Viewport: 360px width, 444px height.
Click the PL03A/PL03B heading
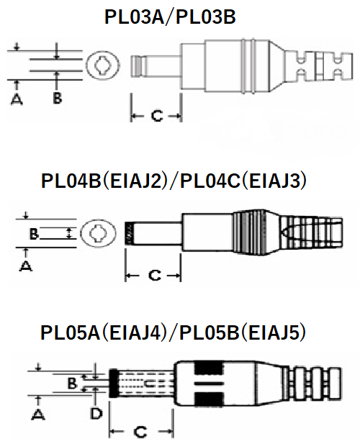coord(170,17)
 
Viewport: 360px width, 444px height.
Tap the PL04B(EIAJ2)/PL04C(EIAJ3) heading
coord(174,181)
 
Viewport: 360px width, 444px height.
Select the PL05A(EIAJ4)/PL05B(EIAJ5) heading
coord(173,332)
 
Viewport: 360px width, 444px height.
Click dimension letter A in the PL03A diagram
coord(17,99)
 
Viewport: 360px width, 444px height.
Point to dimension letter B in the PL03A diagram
coord(57,99)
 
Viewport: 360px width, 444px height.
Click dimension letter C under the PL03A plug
coord(157,116)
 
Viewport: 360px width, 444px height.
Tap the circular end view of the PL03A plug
coord(102,65)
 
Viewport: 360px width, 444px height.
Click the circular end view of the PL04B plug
coord(98,234)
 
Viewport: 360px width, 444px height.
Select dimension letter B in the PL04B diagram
coord(34,234)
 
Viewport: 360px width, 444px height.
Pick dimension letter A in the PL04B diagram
coord(25,266)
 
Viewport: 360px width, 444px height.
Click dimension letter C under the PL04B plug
coord(155,275)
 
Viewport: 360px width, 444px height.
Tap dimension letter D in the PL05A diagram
coord(96,414)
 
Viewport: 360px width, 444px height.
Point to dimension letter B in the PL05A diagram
coord(72,384)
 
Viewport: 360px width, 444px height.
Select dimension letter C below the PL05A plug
coord(140,432)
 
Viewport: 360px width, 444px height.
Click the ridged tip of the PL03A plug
coord(138,66)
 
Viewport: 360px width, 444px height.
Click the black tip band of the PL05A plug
coord(113,384)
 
